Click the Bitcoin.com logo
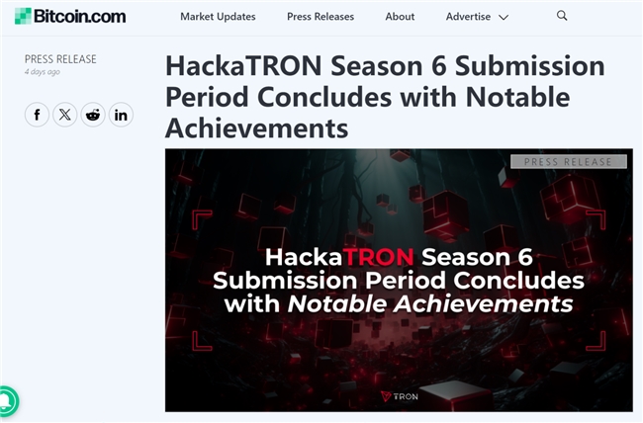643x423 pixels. [x=70, y=17]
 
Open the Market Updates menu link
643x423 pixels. [x=218, y=17]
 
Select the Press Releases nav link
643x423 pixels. [x=321, y=17]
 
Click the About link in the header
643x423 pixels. [x=400, y=17]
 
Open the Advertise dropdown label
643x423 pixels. [x=468, y=17]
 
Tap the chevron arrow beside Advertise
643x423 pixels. [x=504, y=17]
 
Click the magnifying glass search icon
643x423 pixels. [x=562, y=16]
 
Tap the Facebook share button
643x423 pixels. [x=37, y=115]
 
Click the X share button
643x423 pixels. [x=64, y=115]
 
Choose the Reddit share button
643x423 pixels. [x=93, y=115]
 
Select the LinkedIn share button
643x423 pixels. [x=121, y=115]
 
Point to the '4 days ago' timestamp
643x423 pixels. [x=43, y=72]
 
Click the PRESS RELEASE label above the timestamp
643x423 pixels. [x=60, y=59]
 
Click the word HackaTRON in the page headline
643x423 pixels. [x=243, y=65]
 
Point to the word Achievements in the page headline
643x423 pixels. [x=257, y=127]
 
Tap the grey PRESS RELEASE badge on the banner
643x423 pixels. [x=569, y=161]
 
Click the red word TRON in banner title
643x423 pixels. [x=378, y=257]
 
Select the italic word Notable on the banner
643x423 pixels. [x=336, y=304]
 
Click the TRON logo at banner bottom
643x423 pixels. [x=400, y=396]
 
